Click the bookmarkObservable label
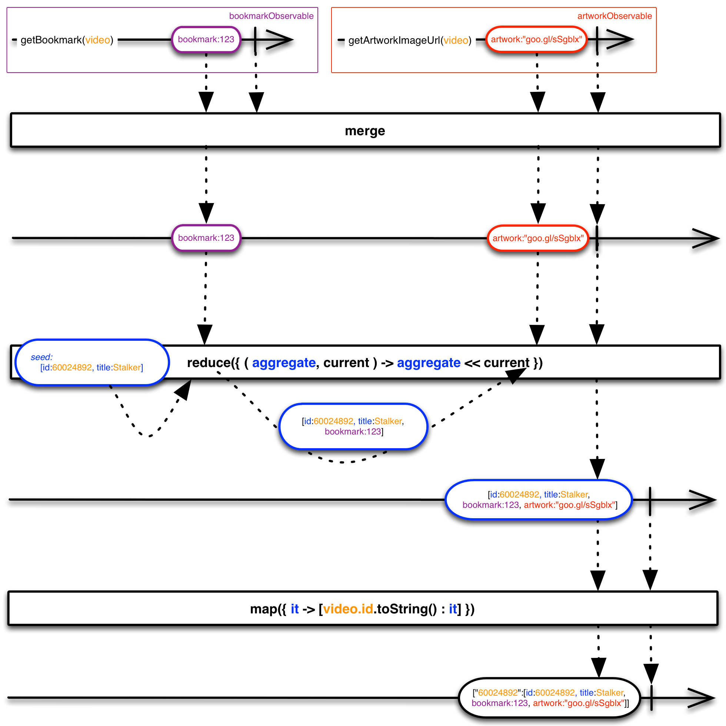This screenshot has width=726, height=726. point(271,16)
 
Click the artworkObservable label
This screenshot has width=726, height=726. point(614,16)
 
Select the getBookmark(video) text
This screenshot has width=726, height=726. point(67,40)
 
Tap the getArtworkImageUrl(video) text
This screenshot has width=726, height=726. point(410,41)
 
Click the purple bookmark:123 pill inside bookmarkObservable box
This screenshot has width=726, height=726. point(206,40)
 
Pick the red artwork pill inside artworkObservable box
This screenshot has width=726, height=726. point(536,40)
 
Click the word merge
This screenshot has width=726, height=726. point(365,131)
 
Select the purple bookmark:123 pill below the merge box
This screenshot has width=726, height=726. point(206,238)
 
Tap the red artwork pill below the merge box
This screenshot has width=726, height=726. point(538,238)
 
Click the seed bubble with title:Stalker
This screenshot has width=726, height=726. point(92,363)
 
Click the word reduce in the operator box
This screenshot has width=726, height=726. point(209,363)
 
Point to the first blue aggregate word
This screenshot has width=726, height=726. point(284,363)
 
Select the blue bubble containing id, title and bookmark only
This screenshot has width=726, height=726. point(353,426)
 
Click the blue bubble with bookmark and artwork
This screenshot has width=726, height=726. point(539,499)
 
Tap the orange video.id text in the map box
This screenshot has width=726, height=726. point(348,609)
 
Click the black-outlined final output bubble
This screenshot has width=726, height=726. point(549,697)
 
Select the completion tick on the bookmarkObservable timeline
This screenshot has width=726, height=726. point(256,40)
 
